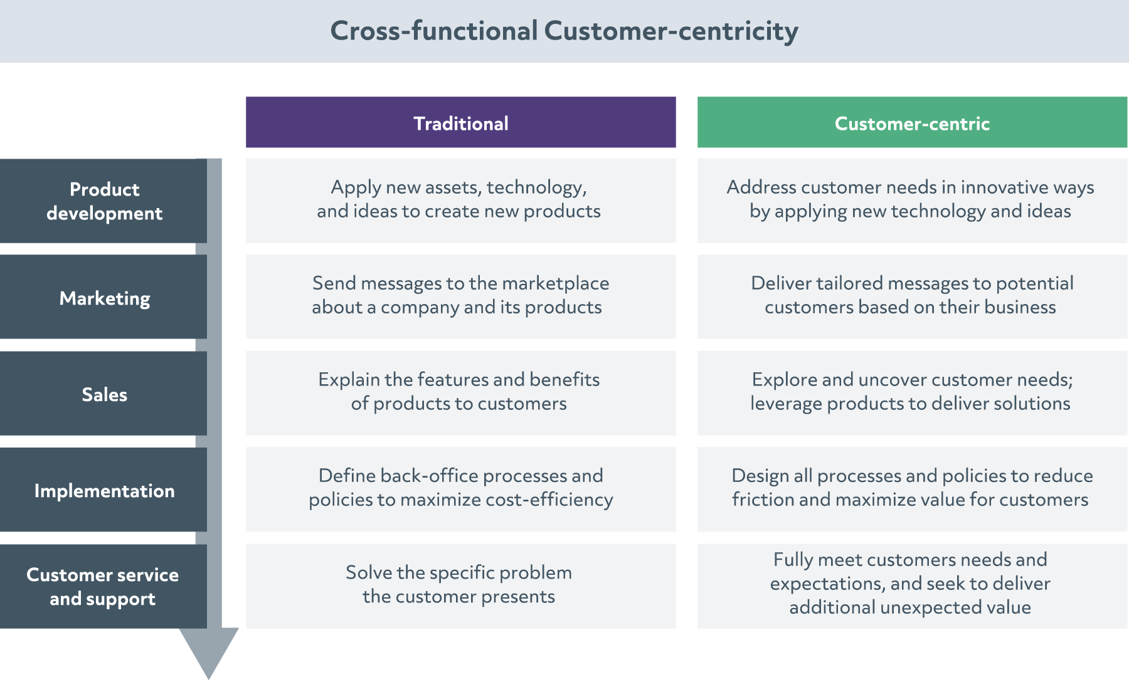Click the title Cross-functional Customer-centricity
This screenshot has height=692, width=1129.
(564, 31)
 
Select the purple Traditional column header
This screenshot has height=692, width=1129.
(461, 122)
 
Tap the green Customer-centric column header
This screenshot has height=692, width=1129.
(912, 122)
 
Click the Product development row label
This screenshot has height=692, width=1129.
(103, 201)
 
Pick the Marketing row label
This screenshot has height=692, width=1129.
(103, 297)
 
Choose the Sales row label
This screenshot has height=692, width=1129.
(103, 394)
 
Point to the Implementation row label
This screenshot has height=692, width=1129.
(103, 490)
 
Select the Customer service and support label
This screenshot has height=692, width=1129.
(103, 586)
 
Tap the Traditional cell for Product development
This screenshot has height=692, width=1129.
(461, 201)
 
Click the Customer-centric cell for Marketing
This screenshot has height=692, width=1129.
(912, 297)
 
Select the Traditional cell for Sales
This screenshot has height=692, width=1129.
(461, 394)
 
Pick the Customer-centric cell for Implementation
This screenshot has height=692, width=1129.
(912, 490)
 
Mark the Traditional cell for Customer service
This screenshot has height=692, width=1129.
(461, 586)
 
